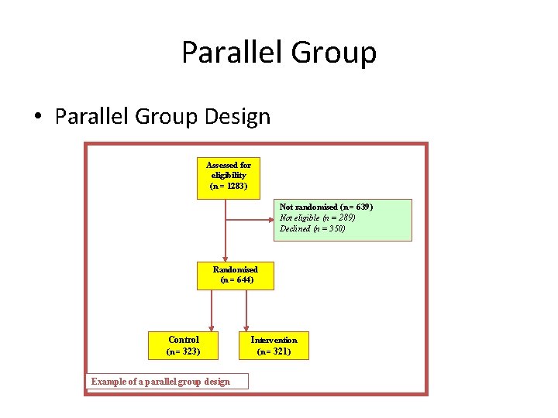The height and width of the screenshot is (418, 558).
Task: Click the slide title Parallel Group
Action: point(279,53)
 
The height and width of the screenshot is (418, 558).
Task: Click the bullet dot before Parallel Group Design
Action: point(37,118)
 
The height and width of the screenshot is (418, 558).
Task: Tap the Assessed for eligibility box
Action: point(229,176)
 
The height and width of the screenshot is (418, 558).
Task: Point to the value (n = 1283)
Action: point(229,187)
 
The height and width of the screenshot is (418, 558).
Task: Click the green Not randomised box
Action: point(343,220)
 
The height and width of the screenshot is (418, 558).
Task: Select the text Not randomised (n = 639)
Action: point(325,207)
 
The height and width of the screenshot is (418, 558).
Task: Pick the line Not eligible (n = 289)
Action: point(318,218)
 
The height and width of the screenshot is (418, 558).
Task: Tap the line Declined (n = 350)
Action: point(312,229)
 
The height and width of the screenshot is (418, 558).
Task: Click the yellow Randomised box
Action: point(236,275)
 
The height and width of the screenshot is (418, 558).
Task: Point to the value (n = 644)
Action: point(236,280)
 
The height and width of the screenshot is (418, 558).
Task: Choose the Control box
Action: point(184,345)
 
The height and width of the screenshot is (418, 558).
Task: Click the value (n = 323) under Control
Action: point(184,351)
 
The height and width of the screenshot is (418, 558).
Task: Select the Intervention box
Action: point(274,345)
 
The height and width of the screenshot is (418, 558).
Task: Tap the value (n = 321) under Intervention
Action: point(274,352)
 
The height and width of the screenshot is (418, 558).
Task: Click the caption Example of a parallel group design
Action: point(160,382)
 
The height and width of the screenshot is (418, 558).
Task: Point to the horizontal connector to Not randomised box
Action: point(250,219)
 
